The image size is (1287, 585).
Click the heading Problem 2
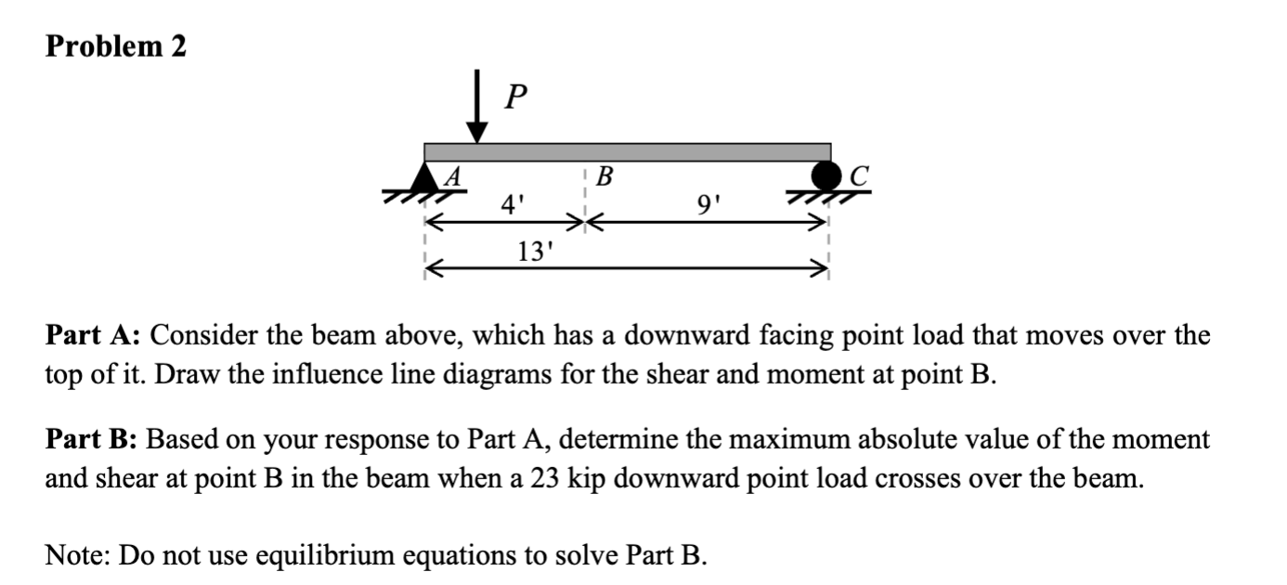[116, 47]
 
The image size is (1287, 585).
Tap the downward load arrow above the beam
[477, 112]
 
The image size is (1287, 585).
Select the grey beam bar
[627, 152]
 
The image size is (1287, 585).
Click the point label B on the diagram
[604, 175]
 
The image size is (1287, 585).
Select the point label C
[860, 175]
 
